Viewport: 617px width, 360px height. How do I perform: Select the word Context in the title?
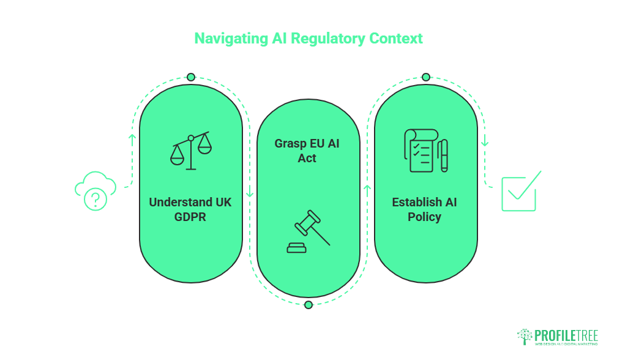coord(396,39)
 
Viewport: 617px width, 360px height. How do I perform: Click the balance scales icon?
coord(191,151)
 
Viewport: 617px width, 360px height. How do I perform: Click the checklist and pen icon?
coord(425,151)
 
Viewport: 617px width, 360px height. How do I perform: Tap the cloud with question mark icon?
coord(95,191)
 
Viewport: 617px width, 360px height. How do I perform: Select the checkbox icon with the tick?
coord(520,192)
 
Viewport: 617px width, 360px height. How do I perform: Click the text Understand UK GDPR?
coord(190,209)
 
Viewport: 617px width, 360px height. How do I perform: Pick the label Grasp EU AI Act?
coord(307,151)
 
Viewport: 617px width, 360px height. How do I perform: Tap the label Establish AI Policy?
coord(424,209)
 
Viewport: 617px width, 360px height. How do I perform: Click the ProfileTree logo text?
coord(566,336)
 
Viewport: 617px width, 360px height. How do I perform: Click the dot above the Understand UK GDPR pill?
coord(191,77)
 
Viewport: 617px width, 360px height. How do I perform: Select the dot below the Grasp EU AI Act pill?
coord(308,305)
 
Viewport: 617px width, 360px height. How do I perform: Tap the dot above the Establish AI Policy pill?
coord(426,77)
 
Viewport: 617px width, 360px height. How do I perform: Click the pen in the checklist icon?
coord(443,156)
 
